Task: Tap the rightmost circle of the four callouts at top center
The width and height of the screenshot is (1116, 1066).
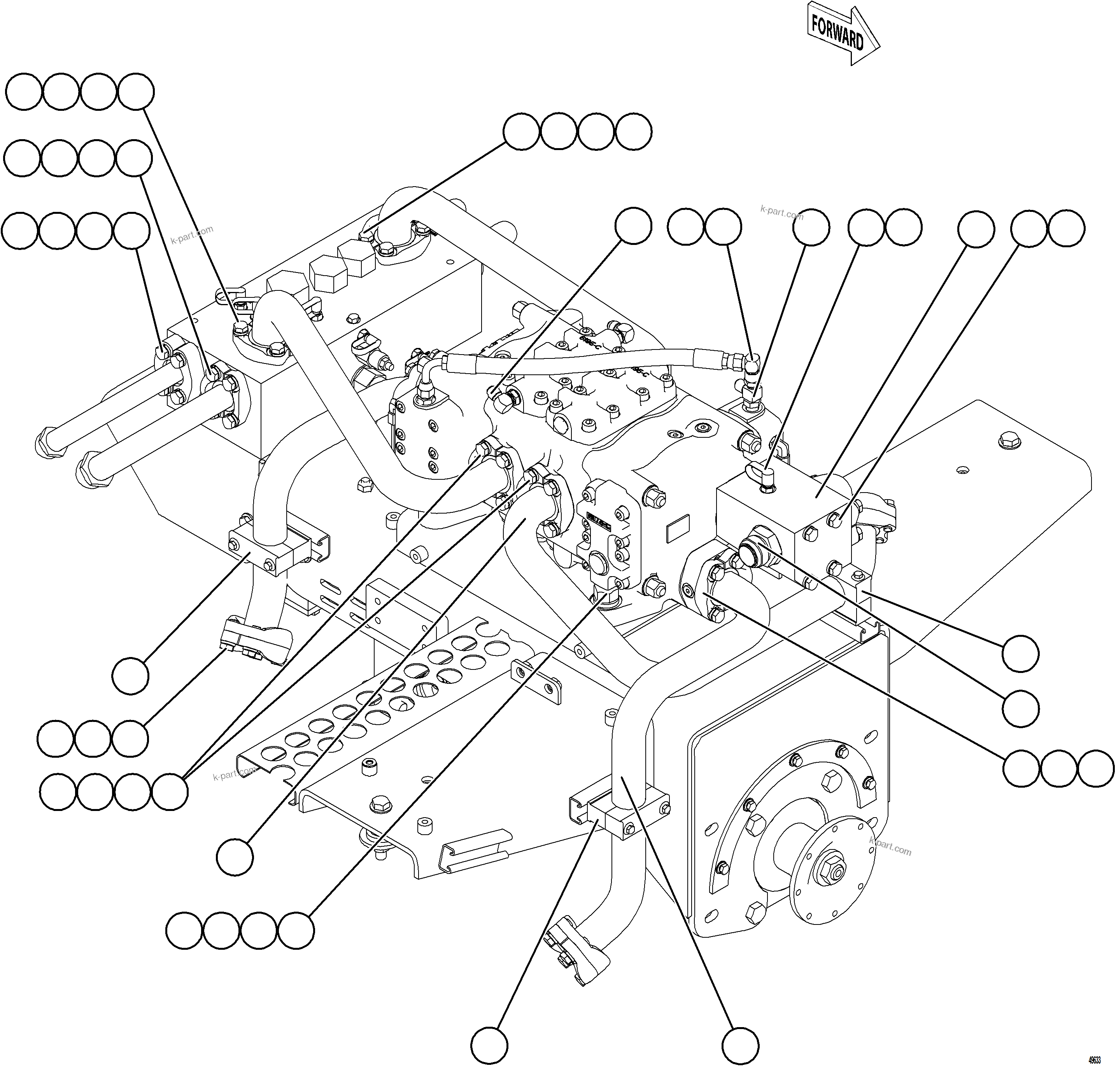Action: point(633,132)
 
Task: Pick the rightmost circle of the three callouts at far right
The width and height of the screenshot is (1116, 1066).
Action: point(1095,768)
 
